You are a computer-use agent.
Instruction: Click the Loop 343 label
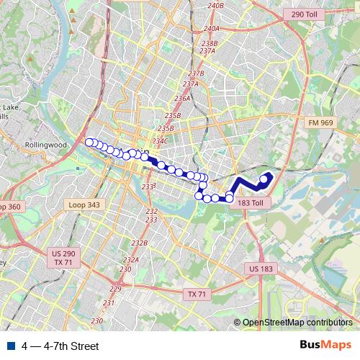[x=84, y=204]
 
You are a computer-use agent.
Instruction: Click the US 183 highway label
[x=261, y=269]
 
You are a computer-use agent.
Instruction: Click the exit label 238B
[x=210, y=43]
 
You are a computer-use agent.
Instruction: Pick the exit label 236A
[x=182, y=99]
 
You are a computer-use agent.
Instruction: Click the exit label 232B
[x=139, y=243]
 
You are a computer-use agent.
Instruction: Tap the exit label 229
[x=116, y=289]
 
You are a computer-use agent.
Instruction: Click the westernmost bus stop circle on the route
[x=89, y=143]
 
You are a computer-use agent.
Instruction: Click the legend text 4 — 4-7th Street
[x=60, y=346]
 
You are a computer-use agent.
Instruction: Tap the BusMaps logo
[x=325, y=345]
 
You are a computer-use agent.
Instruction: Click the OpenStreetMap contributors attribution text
[x=297, y=323]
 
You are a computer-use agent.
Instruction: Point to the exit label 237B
[x=196, y=73]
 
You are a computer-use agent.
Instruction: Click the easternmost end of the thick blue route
[x=270, y=175]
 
